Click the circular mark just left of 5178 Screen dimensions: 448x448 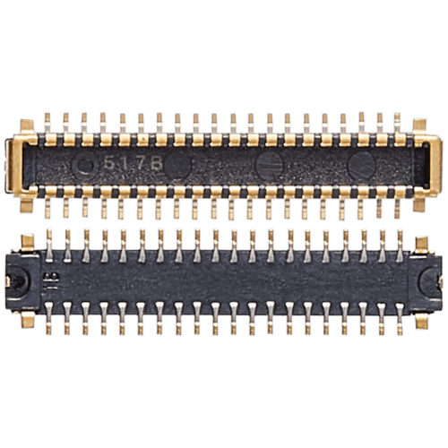pyautogui.click(x=86, y=165)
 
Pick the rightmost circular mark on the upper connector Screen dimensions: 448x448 pyautogui.click(x=361, y=165)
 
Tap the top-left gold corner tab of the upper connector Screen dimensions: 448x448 pyautogui.click(x=28, y=125)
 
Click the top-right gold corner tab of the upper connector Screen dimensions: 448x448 pyautogui.click(x=419, y=125)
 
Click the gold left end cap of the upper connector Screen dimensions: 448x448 pyautogui.click(x=15, y=165)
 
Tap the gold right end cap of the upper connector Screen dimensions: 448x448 pyautogui.click(x=432, y=165)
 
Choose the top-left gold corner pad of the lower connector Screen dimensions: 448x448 pyautogui.click(x=28, y=240)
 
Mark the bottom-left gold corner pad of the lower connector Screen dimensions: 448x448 pyautogui.click(x=28, y=318)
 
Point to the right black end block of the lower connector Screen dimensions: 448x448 pyautogui.click(x=428, y=280)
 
